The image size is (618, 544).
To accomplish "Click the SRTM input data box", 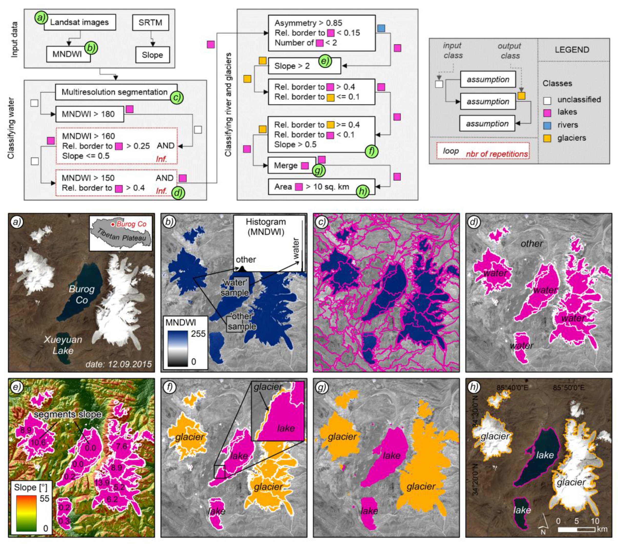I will [150, 23].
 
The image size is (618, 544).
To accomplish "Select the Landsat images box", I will [79, 22].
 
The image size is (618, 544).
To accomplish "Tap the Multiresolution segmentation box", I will [116, 92].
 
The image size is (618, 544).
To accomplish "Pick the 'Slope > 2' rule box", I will [304, 66].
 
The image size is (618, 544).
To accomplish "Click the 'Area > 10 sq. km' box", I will [321, 187].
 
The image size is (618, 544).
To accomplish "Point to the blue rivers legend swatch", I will [547, 125].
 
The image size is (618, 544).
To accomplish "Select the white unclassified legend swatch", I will [547, 100].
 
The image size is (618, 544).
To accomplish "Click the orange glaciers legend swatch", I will [547, 138].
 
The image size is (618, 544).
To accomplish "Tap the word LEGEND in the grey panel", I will [572, 50].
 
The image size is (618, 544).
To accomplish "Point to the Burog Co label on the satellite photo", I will [82, 294].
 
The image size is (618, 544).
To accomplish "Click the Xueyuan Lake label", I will [63, 345].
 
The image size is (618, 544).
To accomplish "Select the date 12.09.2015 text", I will [118, 364].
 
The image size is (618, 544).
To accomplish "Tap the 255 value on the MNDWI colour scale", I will [198, 334].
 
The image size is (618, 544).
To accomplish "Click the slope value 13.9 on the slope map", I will [102, 483].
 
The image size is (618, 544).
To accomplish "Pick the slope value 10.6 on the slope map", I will [38, 443].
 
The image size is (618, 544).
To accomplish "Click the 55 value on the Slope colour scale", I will [44, 498].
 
